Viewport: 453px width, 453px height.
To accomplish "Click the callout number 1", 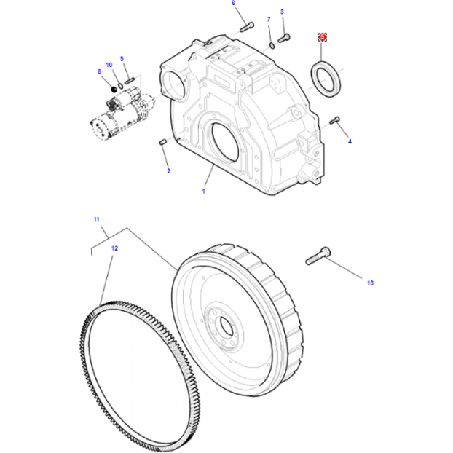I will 204,191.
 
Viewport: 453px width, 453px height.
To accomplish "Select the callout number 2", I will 168,171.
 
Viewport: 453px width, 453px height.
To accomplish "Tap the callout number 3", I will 283,12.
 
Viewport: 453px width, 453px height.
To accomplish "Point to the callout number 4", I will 349,141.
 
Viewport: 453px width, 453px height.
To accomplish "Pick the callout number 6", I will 234,3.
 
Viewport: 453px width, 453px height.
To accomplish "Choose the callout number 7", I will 268,19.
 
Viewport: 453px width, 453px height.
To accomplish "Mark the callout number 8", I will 99,71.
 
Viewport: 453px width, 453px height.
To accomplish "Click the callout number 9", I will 122,58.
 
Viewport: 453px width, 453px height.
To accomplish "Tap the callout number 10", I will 109,65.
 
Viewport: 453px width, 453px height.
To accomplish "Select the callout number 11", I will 95,219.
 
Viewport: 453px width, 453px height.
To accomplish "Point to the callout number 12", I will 114,248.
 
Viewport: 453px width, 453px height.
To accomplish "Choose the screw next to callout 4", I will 335,120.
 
